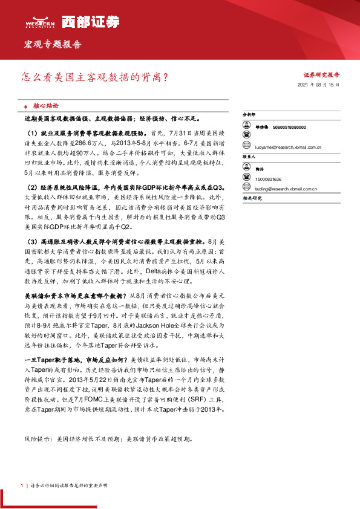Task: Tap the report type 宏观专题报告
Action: pyautogui.click(x=52, y=44)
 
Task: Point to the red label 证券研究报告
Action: pyautogui.click(x=321, y=74)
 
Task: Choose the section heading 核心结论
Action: pyautogui.click(x=46, y=104)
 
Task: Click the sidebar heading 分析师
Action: pyautogui.click(x=249, y=114)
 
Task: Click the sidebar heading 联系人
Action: pyautogui.click(x=249, y=156)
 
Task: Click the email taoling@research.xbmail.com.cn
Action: pyautogui.click(x=286, y=189)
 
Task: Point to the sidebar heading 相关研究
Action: pyautogui.click(x=251, y=198)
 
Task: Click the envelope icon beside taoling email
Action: pyautogui.click(x=247, y=189)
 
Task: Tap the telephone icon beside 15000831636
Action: pyautogui.click(x=247, y=179)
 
